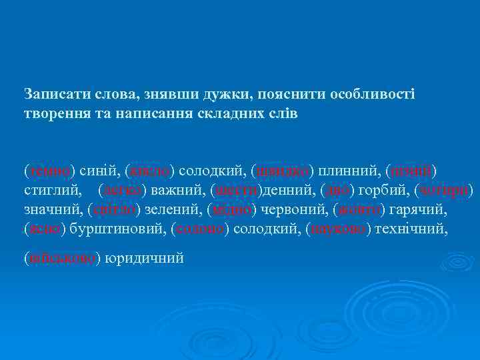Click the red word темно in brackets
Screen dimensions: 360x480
(49, 171)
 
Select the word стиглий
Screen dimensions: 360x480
(51, 191)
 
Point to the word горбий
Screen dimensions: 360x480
(380, 191)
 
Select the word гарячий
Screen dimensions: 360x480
(420, 210)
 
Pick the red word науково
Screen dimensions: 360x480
(339, 229)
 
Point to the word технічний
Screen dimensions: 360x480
(408, 229)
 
